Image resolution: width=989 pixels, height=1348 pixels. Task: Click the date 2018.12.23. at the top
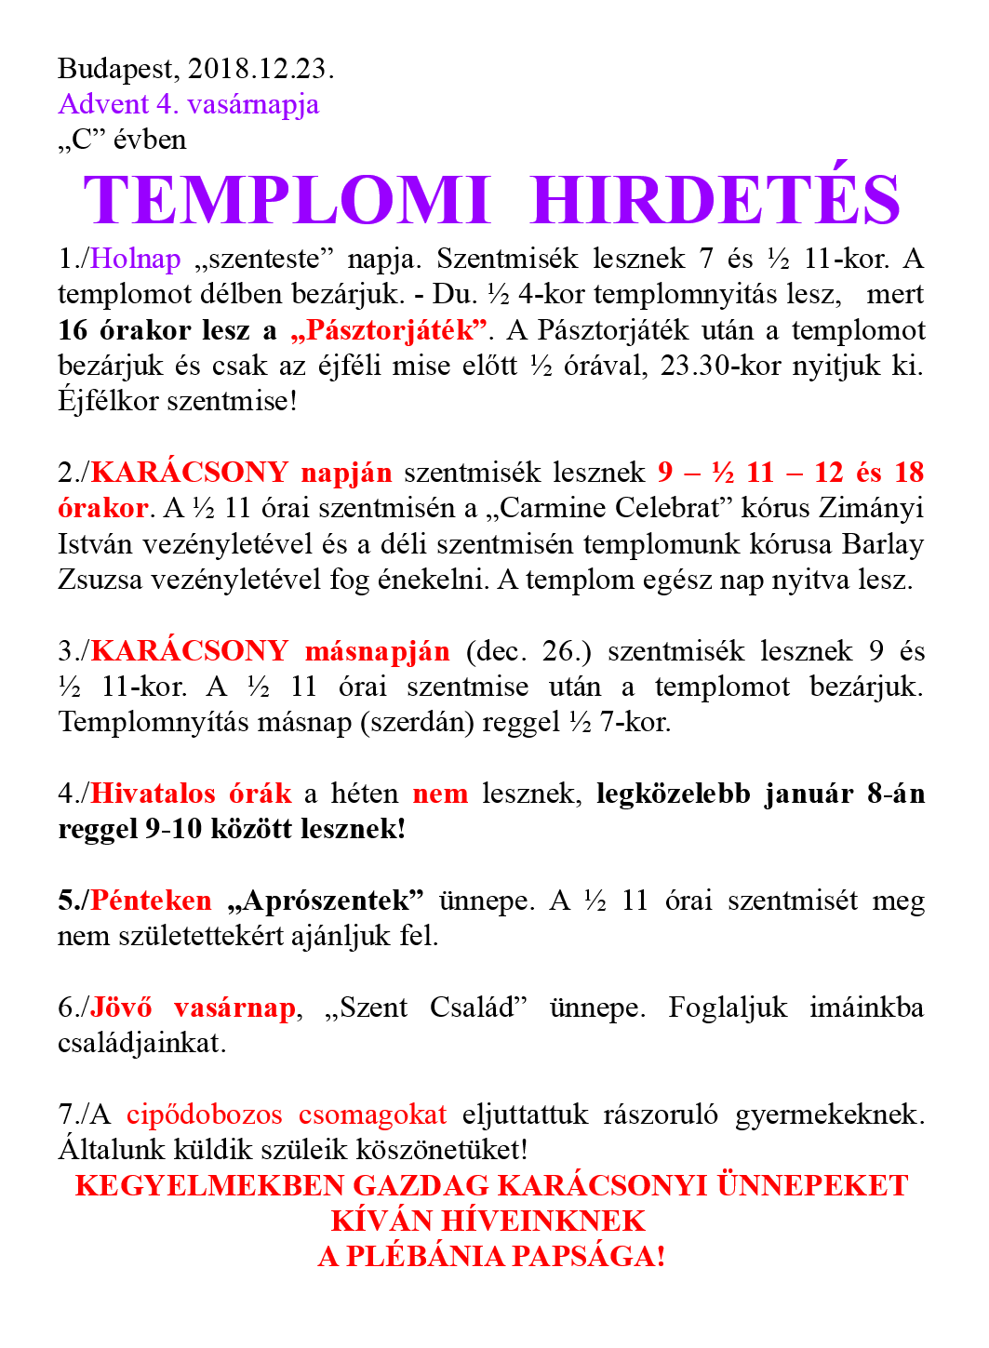(261, 69)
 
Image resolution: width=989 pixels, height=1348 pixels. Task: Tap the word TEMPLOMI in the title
(287, 200)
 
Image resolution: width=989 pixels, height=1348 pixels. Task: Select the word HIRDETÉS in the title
(715, 200)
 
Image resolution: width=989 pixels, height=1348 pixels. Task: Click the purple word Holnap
(136, 259)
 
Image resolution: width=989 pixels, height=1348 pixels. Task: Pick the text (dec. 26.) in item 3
(528, 650)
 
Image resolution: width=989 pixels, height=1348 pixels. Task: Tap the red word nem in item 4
(440, 794)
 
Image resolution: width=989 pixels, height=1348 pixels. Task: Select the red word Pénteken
(152, 901)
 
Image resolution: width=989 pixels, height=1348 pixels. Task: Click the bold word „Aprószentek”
(326, 901)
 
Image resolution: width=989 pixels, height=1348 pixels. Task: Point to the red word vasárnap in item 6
(234, 1008)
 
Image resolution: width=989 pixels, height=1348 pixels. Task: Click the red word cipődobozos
(204, 1114)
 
